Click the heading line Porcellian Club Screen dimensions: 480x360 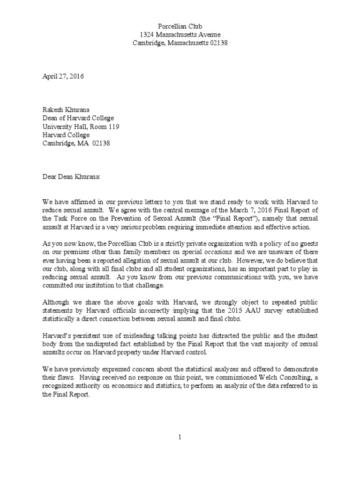tap(180, 26)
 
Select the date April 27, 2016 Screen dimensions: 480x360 tap(60, 76)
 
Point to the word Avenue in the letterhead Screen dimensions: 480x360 tap(208, 35)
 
